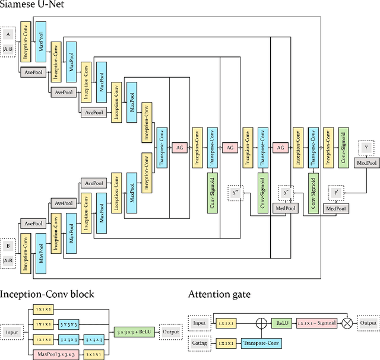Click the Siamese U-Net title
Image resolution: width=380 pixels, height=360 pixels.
coord(34,7)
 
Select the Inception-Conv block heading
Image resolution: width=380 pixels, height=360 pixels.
coord(47,294)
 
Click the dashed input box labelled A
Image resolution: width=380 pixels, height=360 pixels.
coord(8,34)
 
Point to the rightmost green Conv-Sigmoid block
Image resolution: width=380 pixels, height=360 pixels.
coord(343,147)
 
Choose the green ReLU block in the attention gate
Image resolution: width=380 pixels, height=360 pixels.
coord(280,323)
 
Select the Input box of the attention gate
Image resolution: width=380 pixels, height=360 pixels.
coord(199,323)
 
